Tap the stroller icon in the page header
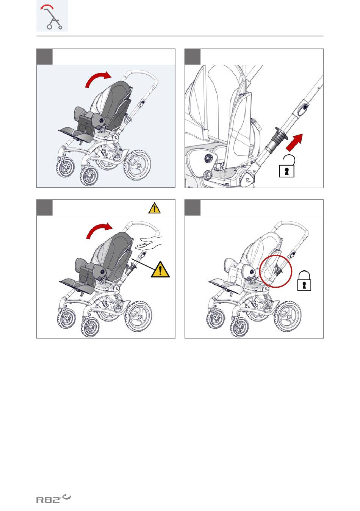click(52, 16)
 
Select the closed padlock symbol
click(304, 281)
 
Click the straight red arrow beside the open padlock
click(294, 143)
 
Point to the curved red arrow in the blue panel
click(98, 79)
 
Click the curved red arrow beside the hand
click(99, 231)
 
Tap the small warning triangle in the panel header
click(154, 208)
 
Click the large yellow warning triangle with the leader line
click(160, 270)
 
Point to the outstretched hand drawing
click(149, 243)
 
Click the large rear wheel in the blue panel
click(137, 165)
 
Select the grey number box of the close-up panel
click(193, 56)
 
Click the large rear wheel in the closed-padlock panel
click(287, 316)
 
